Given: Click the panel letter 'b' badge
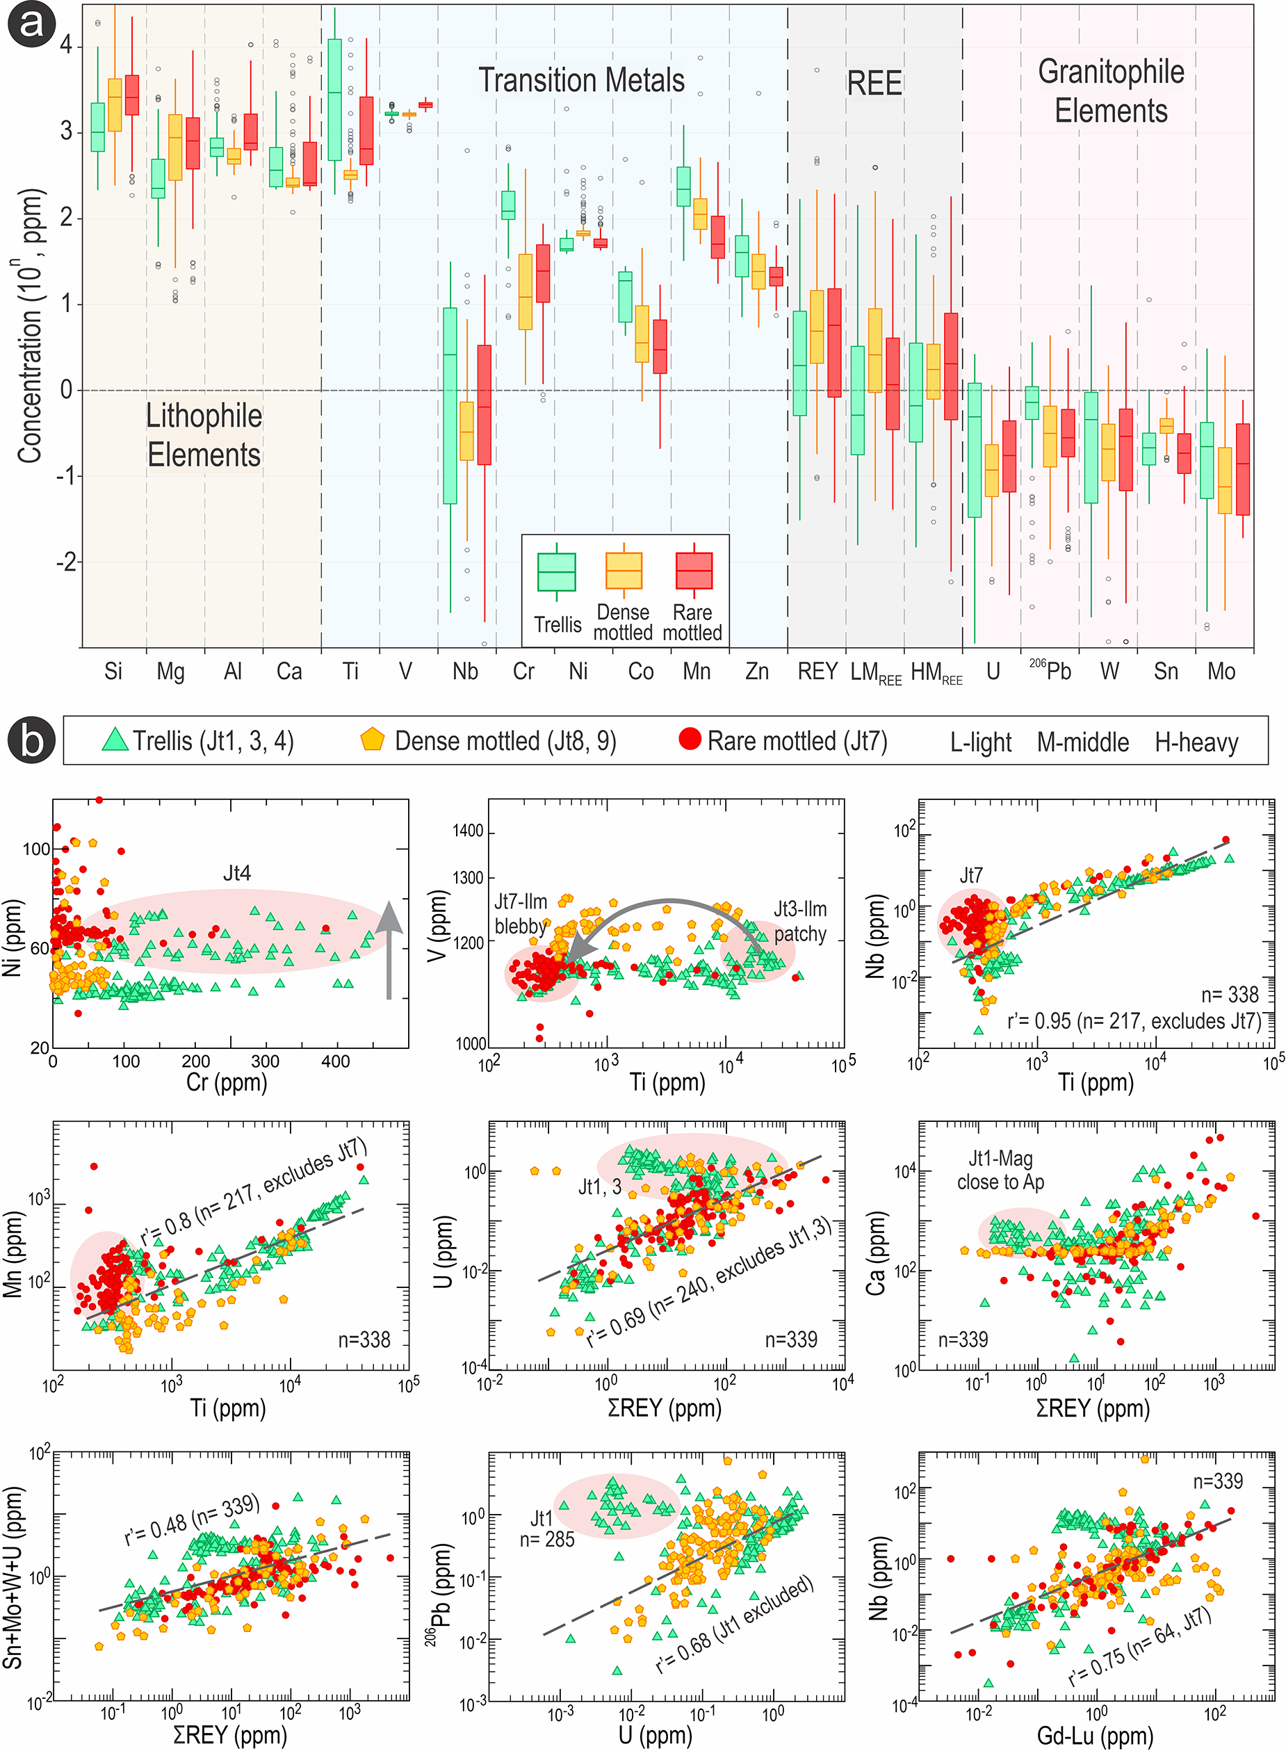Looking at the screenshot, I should pos(31,740).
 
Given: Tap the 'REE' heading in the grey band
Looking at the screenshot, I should pos(874,83).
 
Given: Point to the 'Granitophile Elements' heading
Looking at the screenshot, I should pos(1111,91).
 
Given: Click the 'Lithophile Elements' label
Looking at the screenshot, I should pos(204,435).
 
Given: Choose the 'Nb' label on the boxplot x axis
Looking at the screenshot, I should pos(465,671).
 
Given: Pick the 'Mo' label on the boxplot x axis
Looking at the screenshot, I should pos(1221,671).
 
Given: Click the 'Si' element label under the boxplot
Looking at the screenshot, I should pos(113,671).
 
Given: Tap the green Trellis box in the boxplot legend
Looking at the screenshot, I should pos(557,572).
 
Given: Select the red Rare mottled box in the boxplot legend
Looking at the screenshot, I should pos(694,571).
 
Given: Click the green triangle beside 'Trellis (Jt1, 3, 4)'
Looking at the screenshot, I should pos(115,740).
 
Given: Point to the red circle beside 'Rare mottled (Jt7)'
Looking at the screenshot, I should pos(690,738).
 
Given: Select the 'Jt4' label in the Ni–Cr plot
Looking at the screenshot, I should pos(236,873).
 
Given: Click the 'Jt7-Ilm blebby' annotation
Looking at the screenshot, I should pos(521,913).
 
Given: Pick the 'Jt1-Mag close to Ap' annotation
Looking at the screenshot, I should pos(1000,1171).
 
